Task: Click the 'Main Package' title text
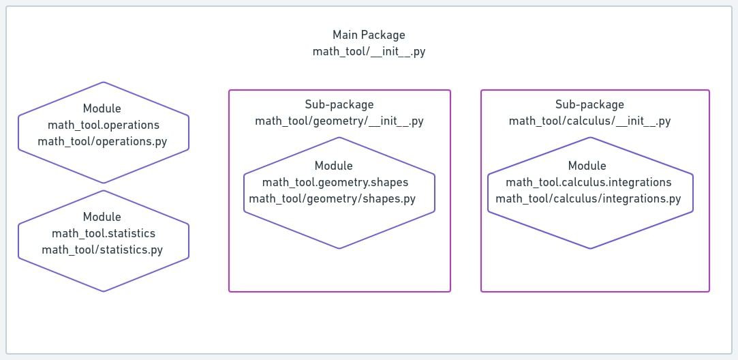pyautogui.click(x=369, y=35)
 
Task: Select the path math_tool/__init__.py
pyautogui.click(x=369, y=51)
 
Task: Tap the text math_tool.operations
pyautogui.click(x=104, y=125)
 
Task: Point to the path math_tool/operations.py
pyautogui.click(x=103, y=141)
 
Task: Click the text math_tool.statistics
pyautogui.click(x=104, y=233)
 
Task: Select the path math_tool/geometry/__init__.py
pyautogui.click(x=339, y=121)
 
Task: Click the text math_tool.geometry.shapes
pyautogui.click(x=335, y=182)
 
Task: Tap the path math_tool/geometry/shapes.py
pyautogui.click(x=332, y=198)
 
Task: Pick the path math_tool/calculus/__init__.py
pyautogui.click(x=589, y=121)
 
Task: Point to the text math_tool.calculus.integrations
pyautogui.click(x=589, y=182)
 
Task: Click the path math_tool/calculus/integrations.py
pyautogui.click(x=588, y=198)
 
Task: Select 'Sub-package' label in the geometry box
pyautogui.click(x=339, y=104)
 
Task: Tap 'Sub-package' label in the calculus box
pyautogui.click(x=589, y=104)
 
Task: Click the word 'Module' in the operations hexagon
pyautogui.click(x=102, y=108)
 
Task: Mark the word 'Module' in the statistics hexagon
pyautogui.click(x=102, y=217)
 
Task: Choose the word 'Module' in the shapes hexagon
pyautogui.click(x=334, y=166)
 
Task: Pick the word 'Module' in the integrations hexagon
pyautogui.click(x=587, y=166)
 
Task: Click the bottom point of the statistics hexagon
pyautogui.click(x=104, y=291)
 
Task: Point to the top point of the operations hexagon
pyautogui.click(x=104, y=82)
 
